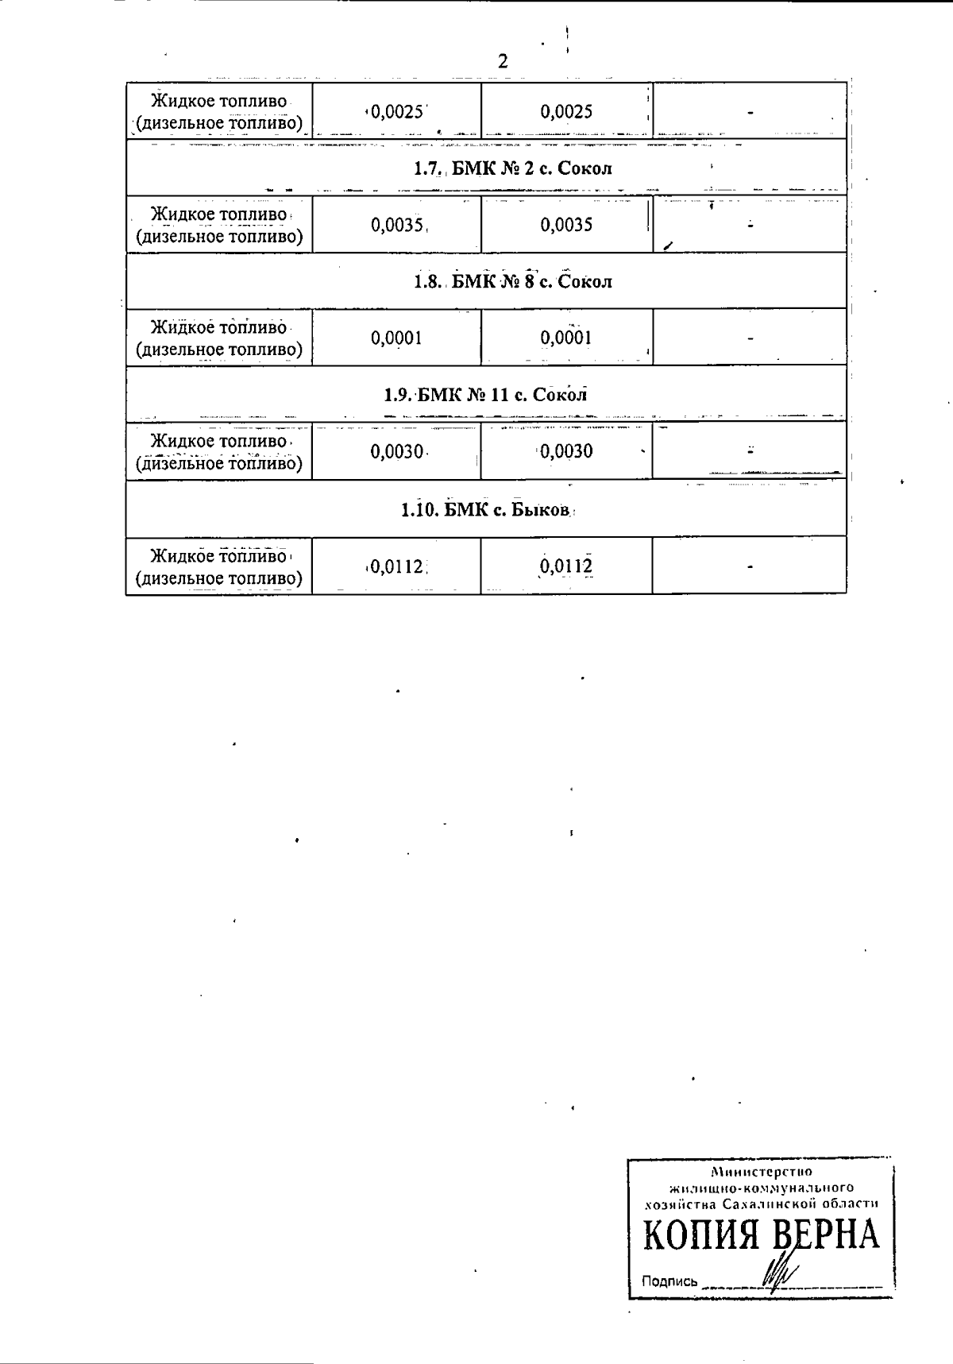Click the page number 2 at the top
[502, 61]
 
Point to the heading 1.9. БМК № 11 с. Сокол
[485, 395]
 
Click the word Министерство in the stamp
[762, 1172]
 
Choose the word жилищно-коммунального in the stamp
[762, 1188]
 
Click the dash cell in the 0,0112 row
[750, 566]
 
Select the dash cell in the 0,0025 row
[750, 111]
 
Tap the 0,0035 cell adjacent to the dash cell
[567, 225]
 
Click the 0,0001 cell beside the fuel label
[396, 338]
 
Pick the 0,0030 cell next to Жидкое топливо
[396, 451]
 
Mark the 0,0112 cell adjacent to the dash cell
[567, 566]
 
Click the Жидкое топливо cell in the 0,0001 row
[219, 338]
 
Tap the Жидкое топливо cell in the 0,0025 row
[219, 111]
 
